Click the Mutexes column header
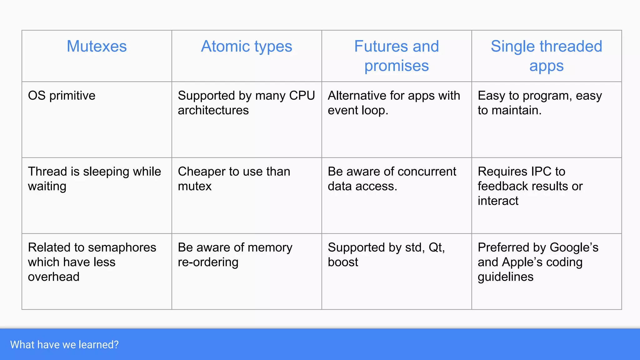pos(97,46)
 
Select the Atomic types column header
pos(247,46)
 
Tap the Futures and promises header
pos(396,56)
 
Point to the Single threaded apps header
pos(546,56)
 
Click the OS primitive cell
pos(62,96)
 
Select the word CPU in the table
pos(302,96)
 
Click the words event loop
pos(357,110)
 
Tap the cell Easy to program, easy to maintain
pos(540,103)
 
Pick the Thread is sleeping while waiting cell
pos(94,179)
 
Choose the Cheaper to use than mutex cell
pos(234,179)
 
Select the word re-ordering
pos(208,262)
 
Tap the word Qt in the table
pos(436,247)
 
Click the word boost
pos(343,262)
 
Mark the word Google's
pos(574,247)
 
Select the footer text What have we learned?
pos(64,345)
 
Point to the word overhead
pos(53,277)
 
